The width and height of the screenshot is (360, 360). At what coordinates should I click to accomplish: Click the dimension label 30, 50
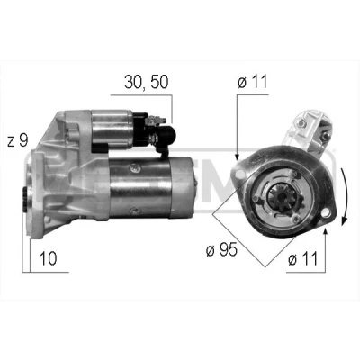pyautogui.click(x=147, y=83)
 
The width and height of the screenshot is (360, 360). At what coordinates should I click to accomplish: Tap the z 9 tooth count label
pyautogui.click(x=18, y=140)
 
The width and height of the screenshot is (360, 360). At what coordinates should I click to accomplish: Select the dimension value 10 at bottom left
pyautogui.click(x=48, y=258)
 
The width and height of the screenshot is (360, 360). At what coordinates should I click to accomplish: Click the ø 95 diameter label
pyautogui.click(x=221, y=249)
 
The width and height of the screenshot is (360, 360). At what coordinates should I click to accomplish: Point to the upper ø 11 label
pyautogui.click(x=252, y=82)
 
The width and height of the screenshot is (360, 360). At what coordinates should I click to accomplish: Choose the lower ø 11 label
pyautogui.click(x=302, y=258)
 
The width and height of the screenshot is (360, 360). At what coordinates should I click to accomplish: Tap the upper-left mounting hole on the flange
pyautogui.click(x=239, y=174)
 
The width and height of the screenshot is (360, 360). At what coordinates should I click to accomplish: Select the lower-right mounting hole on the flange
pyautogui.click(x=324, y=214)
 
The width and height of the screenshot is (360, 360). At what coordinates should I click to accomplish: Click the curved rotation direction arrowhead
pyautogui.click(x=345, y=221)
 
